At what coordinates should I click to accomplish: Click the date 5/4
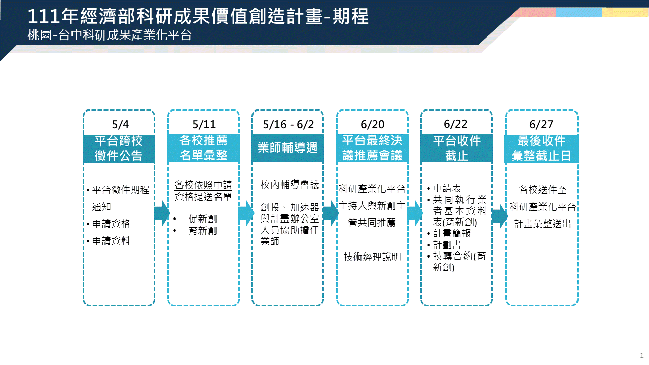click(x=120, y=125)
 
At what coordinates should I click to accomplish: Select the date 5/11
click(x=204, y=125)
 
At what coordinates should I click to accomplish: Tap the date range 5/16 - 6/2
click(x=289, y=125)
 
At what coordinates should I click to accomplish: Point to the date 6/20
click(x=372, y=125)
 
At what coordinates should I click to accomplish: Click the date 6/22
click(x=456, y=124)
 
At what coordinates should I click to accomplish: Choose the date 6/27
click(x=541, y=125)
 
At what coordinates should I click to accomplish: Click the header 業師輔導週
click(x=287, y=148)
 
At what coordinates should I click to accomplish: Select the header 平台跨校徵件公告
click(x=119, y=149)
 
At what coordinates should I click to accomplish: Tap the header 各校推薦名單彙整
click(x=203, y=148)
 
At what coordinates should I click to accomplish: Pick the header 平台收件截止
click(x=457, y=149)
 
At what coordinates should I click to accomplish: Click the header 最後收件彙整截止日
click(x=541, y=149)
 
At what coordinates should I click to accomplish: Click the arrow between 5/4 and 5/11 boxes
click(x=162, y=213)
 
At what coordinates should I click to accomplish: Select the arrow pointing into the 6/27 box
click(x=499, y=216)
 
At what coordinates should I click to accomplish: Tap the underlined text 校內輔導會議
click(x=290, y=185)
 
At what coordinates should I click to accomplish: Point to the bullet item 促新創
click(x=202, y=219)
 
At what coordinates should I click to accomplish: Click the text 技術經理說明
click(x=372, y=257)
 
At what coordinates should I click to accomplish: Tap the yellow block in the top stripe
click(x=626, y=12)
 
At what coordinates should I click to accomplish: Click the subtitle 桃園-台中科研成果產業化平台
click(x=110, y=35)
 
